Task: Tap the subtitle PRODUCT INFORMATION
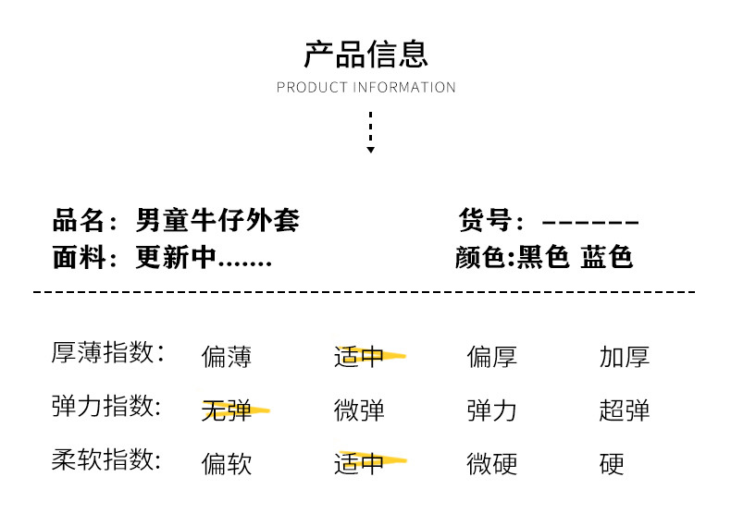365,88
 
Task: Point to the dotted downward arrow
370,132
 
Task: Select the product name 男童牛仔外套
217,221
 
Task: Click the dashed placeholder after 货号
590,222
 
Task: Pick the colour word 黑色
543,257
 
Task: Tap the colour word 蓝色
607,257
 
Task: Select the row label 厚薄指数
107,353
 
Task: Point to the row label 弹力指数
107,407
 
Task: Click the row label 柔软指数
107,460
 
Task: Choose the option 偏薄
227,356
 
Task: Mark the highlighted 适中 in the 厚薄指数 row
360,356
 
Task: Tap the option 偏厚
492,356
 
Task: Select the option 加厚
625,356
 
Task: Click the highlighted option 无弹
227,410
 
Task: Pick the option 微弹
360,410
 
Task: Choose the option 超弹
625,410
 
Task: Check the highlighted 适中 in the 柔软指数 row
360,463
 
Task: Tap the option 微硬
492,463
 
